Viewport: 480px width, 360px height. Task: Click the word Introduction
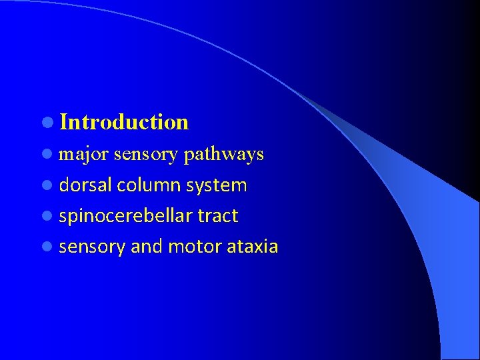coord(124,122)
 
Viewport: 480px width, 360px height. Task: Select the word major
coord(84,155)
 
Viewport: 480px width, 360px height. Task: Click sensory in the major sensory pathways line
coord(145,155)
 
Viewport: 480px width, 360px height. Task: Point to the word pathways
coord(223,155)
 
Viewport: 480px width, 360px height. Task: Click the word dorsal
coord(85,185)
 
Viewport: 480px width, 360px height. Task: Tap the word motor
coord(195,247)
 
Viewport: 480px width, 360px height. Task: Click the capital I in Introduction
coord(63,122)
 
